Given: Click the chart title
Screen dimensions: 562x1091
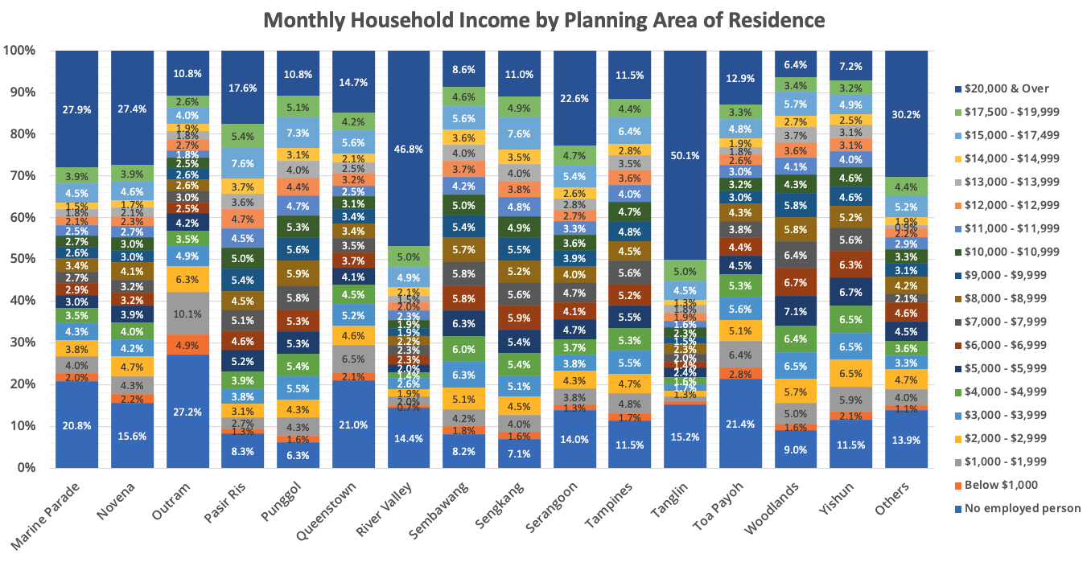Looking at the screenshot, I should tap(544, 20).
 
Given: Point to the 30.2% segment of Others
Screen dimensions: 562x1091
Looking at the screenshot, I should tap(905, 113).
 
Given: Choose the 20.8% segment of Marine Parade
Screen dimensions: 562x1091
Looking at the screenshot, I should tap(77, 424).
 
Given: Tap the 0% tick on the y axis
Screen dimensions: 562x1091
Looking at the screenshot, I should tap(27, 467).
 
